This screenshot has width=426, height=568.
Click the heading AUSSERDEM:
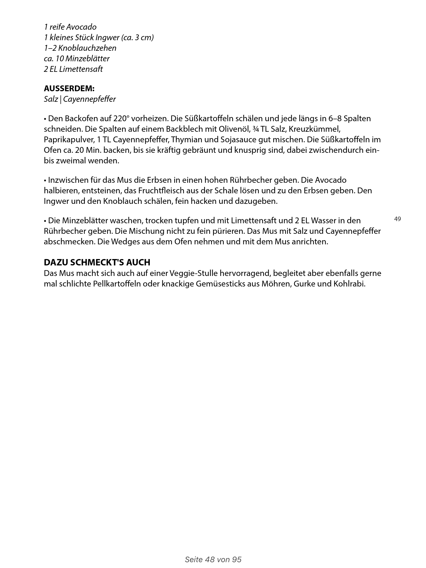pyautogui.click(x=69, y=89)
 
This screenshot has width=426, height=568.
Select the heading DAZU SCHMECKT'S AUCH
pyautogui.click(x=97, y=262)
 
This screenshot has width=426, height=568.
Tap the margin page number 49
pyautogui.click(x=397, y=219)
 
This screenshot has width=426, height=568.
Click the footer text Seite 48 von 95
pyautogui.click(x=213, y=559)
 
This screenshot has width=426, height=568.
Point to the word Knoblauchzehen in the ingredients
pyautogui.click(x=88, y=48)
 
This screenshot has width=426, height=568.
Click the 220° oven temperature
pyautogui.click(x=121, y=119)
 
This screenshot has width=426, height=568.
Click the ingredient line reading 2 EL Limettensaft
pyautogui.click(x=73, y=69)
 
